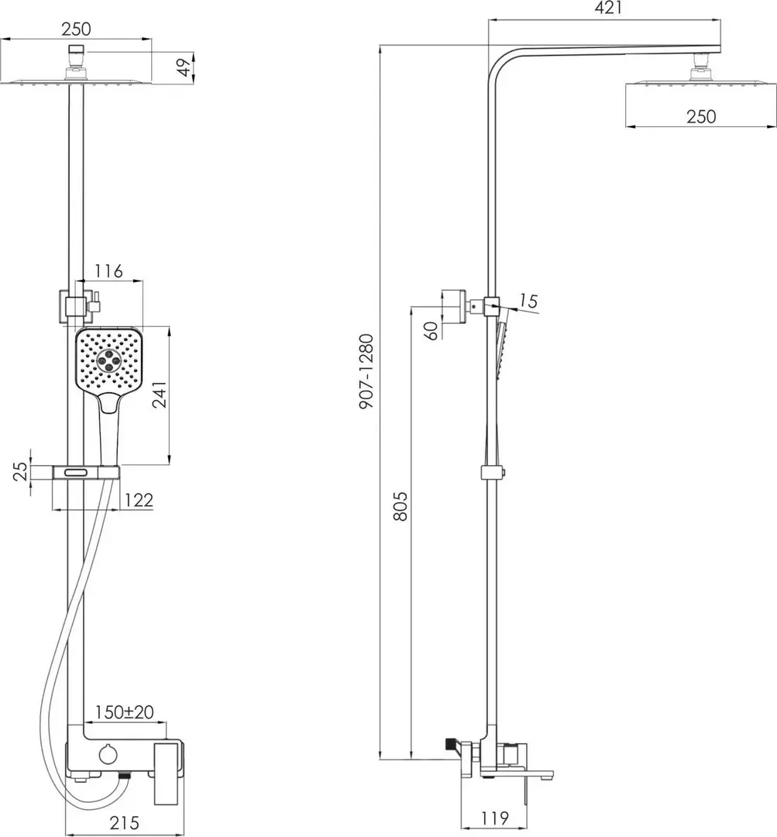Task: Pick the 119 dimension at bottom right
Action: pos(493,818)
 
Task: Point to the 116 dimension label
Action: pos(108,271)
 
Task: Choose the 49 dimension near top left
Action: pos(184,67)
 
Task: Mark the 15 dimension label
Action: pos(529,301)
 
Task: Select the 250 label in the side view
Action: pos(700,117)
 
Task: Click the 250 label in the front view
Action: pos(76,29)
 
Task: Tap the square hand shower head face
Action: pos(108,360)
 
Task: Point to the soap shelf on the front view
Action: pos(85,471)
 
